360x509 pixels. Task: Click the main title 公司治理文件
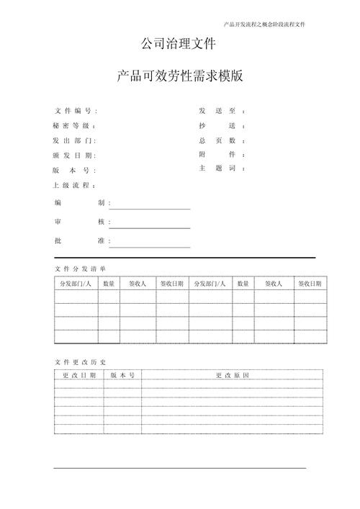(x=179, y=45)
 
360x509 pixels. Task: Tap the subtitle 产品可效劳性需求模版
(x=179, y=76)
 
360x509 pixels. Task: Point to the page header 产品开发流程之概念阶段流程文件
(x=265, y=24)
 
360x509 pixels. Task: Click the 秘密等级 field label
(x=73, y=126)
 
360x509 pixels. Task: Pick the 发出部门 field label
(x=73, y=141)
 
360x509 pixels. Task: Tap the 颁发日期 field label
(x=73, y=156)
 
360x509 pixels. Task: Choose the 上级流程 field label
(x=73, y=186)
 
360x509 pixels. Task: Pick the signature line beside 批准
(x=150, y=246)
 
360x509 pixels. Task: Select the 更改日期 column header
(x=78, y=376)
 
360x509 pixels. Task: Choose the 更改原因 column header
(x=232, y=376)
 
